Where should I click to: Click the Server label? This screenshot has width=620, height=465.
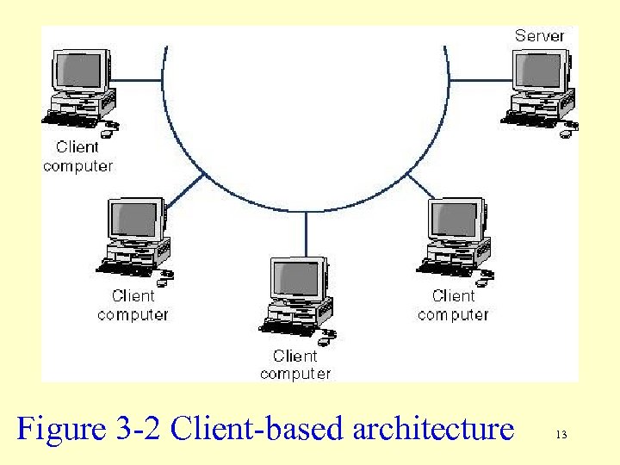539,35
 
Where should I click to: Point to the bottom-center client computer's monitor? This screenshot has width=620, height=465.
297,279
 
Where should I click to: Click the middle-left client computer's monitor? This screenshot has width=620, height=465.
134,220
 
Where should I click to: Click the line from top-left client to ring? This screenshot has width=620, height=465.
138,80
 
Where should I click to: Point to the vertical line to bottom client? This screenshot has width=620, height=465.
306,234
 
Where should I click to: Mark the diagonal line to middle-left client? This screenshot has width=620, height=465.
184,191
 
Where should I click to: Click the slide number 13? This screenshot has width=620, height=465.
561,435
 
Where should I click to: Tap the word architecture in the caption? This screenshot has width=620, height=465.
432,428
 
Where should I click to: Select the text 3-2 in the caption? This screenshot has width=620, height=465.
137,428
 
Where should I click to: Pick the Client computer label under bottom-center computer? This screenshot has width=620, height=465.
294,364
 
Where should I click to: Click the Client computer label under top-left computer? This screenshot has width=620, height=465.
77,156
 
